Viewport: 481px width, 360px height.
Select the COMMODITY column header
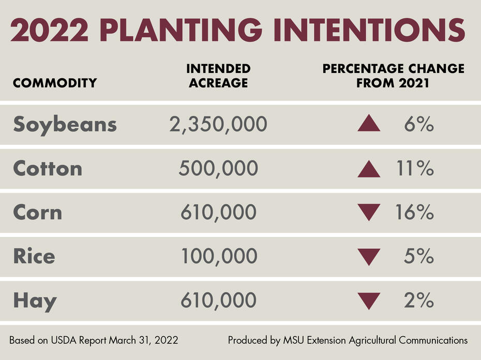point(54,83)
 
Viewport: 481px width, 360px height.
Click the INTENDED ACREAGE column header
point(218,76)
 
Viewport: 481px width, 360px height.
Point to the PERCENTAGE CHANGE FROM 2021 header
point(393,76)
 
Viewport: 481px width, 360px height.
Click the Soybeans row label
point(65,125)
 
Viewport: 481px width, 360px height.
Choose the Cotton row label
point(48,169)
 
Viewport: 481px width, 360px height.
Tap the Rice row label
point(34,257)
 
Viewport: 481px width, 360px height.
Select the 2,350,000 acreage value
point(218,125)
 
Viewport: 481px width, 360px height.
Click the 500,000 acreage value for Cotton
point(218,169)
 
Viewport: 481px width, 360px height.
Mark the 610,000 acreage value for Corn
point(218,213)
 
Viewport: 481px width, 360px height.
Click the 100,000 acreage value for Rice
point(218,257)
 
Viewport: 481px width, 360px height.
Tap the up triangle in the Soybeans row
point(369,124)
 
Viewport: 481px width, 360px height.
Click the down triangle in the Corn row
point(369,213)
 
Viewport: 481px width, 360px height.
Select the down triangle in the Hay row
point(369,301)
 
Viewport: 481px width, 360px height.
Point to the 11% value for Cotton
point(418,169)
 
